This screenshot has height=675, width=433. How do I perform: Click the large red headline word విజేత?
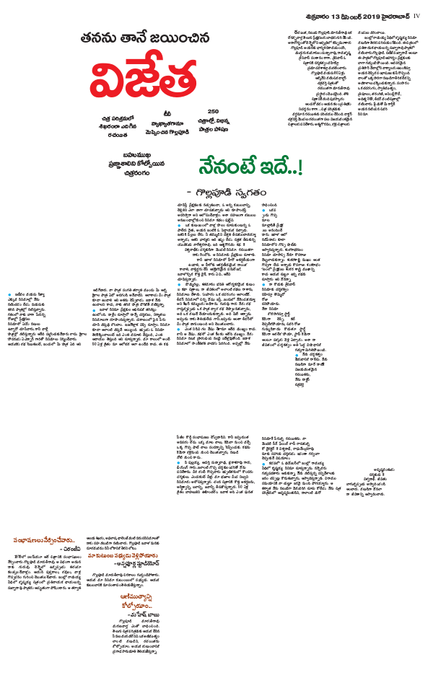tap(144, 79)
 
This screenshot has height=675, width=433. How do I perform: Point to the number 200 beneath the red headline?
tap(213, 111)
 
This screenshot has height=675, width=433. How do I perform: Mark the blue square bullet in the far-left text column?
tap(9, 295)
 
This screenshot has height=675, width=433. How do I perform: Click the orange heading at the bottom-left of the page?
tap(41, 540)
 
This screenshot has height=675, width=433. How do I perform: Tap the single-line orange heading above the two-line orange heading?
tap(123, 555)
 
